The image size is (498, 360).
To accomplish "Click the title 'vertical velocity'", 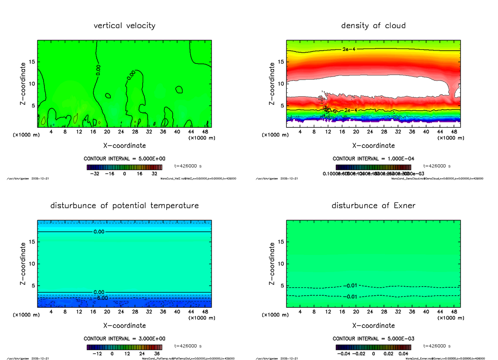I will point(124,26).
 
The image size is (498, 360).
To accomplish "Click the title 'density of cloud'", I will point(373,26).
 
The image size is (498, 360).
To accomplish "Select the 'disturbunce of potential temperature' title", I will point(124,206).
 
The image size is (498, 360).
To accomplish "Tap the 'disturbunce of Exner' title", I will point(373,206).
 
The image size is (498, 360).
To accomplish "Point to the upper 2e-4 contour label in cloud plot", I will point(349,49).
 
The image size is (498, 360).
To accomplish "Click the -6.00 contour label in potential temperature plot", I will point(101,298).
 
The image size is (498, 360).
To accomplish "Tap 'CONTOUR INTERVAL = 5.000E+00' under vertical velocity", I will point(124,159).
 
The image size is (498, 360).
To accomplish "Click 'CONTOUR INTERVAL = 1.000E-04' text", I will point(373,159).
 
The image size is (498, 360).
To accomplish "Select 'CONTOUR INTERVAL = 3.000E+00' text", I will point(124,338).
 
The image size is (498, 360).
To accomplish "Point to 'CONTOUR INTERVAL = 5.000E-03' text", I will point(373,338).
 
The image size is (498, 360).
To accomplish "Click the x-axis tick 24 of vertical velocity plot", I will point(121,132).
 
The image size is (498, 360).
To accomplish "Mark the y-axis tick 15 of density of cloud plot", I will point(281,62).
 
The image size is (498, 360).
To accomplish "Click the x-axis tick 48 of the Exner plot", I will point(454,312).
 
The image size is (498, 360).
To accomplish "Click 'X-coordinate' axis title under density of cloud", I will point(373,146).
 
